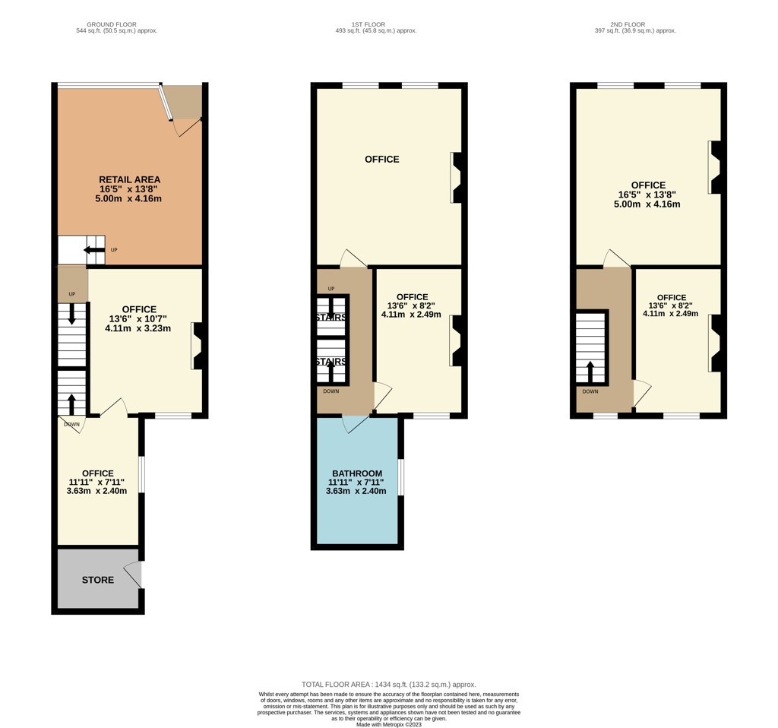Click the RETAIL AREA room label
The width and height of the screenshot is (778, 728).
(x=129, y=179)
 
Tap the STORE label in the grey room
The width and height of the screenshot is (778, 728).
(x=98, y=580)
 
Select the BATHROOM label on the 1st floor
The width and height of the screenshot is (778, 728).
(x=357, y=473)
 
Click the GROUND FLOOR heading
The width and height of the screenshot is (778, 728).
(x=112, y=24)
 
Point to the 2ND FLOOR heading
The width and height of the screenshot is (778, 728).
(x=628, y=24)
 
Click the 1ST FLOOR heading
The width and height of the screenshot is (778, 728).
(x=368, y=24)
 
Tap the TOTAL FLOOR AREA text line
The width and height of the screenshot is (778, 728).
(x=388, y=685)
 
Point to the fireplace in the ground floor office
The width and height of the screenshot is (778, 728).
(x=197, y=346)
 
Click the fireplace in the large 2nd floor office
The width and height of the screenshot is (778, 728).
(x=714, y=167)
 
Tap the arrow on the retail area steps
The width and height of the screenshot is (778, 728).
(x=93, y=249)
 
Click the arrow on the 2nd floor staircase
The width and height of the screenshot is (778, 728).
(x=590, y=372)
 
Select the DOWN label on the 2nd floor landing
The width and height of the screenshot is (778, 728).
(x=590, y=391)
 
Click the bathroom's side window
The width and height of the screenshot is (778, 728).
(x=401, y=477)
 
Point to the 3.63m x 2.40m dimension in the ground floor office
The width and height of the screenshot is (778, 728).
(x=96, y=491)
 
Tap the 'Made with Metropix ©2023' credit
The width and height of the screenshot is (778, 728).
(x=389, y=724)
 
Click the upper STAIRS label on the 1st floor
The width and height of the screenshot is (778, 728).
(x=331, y=317)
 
